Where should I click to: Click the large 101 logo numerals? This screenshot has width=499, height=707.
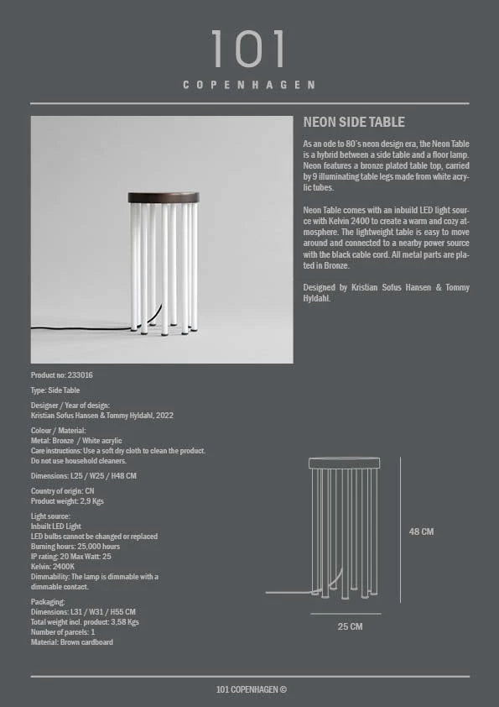click(248, 50)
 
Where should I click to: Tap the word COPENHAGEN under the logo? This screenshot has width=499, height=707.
click(249, 85)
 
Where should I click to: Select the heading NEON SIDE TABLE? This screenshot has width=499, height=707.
click(354, 123)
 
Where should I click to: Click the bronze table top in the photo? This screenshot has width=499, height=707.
click(164, 197)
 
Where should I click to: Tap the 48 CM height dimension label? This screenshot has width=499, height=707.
click(421, 532)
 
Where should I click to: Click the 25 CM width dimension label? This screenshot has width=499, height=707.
click(350, 626)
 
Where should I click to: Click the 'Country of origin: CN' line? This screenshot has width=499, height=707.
click(62, 490)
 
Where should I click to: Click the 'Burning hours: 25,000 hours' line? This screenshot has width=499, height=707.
click(75, 547)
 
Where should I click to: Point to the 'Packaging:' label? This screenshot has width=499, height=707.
click(48, 602)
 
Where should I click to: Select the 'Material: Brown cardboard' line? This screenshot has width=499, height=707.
click(71, 642)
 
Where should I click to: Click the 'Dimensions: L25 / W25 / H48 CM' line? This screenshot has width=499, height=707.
click(83, 475)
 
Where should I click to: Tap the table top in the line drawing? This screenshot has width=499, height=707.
click(344, 463)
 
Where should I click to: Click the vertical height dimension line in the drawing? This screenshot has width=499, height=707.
click(401, 530)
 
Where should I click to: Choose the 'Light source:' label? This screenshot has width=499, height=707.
click(51, 516)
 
